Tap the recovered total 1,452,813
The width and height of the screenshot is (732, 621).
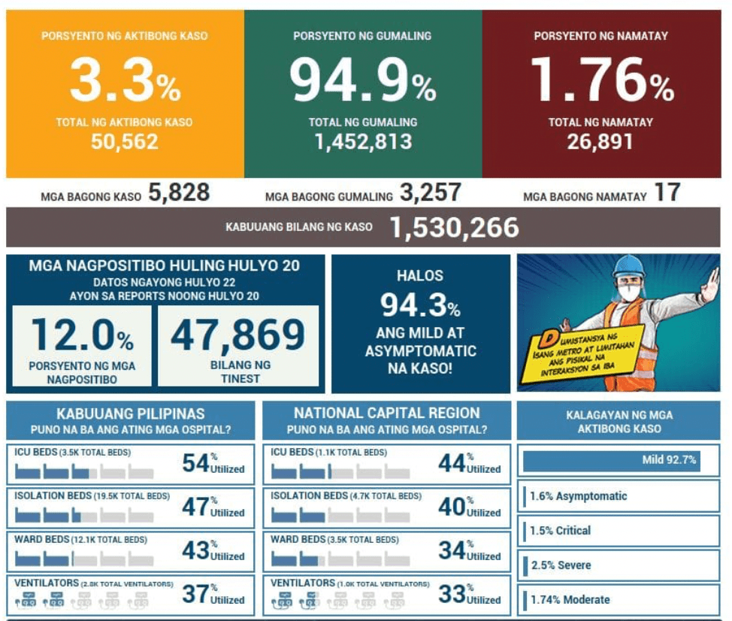click(363, 141)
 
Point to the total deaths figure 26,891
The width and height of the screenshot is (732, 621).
click(600, 141)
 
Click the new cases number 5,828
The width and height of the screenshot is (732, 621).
click(179, 194)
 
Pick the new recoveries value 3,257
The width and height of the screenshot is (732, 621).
click(430, 194)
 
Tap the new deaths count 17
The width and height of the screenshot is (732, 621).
click(667, 194)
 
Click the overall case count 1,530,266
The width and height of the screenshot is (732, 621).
click(454, 227)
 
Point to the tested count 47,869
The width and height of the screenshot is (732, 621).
click(237, 336)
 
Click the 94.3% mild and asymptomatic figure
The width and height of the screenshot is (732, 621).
click(420, 304)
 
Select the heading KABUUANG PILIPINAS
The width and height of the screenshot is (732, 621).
click(130, 414)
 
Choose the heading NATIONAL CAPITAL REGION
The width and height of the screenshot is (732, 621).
click(386, 413)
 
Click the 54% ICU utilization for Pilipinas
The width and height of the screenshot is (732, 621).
click(195, 463)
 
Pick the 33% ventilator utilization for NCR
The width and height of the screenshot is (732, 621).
click(452, 594)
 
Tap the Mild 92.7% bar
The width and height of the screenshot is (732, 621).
click(610, 460)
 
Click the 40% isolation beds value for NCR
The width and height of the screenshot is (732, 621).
click(452, 507)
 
